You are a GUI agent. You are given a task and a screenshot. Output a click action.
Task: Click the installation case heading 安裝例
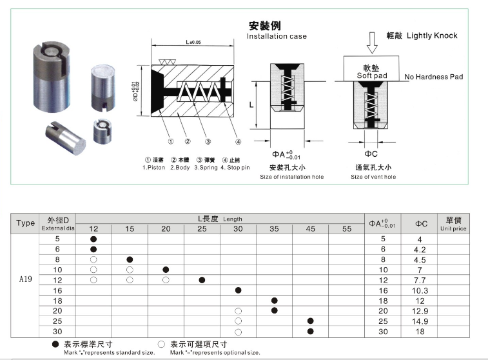coord(265,26)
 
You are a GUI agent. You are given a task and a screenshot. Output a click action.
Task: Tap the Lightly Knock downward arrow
coord(371,44)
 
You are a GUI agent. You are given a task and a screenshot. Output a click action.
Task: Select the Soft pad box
coord(371,69)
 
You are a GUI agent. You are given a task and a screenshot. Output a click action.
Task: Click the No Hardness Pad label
coord(434,77)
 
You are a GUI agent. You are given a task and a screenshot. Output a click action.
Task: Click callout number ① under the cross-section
coord(170,142)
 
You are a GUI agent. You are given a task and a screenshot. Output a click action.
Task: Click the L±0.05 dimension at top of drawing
coord(193,42)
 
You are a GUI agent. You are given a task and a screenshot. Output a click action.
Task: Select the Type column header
coord(25,223)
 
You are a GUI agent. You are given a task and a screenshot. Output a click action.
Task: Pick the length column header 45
coord(311,228)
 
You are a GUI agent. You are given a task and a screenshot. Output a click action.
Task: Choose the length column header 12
coord(93,228)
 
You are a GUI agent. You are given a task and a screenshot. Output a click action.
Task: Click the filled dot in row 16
coord(239,290)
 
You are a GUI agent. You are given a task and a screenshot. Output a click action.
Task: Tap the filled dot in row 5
coord(93,239)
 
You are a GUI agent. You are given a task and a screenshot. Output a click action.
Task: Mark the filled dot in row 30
coord(311,332)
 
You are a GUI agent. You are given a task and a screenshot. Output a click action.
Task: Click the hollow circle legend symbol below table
coord(161,345)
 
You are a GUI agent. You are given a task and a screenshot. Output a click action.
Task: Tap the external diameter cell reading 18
coord(57,301)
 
